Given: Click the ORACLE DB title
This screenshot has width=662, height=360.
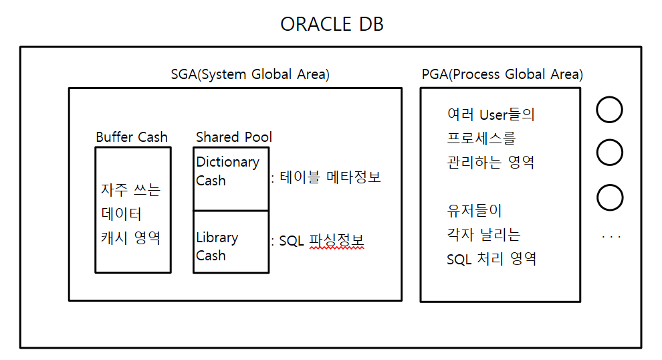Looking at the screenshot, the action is (x=332, y=24).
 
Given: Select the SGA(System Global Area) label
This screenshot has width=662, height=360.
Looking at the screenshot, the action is (x=250, y=74).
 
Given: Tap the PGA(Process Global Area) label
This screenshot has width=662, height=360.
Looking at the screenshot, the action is (x=502, y=74).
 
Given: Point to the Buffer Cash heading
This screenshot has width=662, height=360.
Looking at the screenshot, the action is (x=132, y=137).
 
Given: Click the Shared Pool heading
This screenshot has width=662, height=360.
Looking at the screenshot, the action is (x=234, y=137).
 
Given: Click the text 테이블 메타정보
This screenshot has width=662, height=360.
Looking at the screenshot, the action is (x=330, y=177).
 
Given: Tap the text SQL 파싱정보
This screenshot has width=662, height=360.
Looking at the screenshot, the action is (x=321, y=240).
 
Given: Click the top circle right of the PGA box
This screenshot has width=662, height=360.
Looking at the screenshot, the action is (x=609, y=98).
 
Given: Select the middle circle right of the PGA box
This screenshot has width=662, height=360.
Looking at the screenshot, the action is (x=609, y=140).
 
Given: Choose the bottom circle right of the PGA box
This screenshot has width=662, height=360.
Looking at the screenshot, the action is (x=610, y=185).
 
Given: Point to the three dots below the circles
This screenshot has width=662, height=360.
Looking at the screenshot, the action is (x=611, y=237).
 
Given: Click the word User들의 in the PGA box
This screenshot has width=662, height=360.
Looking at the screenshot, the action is (x=507, y=114).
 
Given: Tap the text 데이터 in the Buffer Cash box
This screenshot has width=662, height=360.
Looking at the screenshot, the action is (x=121, y=213).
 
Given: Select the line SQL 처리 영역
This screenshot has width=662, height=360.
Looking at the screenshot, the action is (x=491, y=258).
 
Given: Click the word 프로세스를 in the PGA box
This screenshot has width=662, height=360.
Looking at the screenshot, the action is (x=481, y=138).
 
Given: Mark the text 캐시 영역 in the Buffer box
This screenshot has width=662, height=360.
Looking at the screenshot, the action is (x=130, y=238).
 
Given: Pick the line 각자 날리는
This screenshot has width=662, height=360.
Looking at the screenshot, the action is (x=484, y=234).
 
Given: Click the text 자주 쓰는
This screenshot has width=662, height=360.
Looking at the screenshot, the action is (x=130, y=189).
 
